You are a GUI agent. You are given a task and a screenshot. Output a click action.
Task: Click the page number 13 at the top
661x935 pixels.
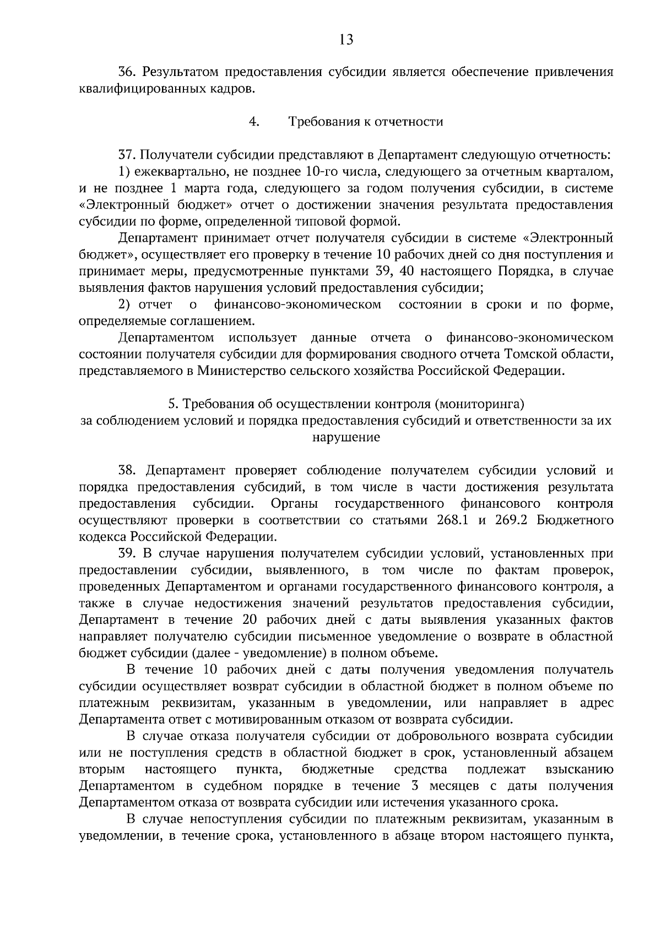pyautogui.click(x=346, y=39)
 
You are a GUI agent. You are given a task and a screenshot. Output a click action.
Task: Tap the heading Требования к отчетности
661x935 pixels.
pyautogui.click(x=366, y=122)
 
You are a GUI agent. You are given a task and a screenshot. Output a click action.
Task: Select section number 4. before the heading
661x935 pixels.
pyautogui.click(x=254, y=122)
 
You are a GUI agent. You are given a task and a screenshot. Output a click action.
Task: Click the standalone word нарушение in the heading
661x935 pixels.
pyautogui.click(x=346, y=438)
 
